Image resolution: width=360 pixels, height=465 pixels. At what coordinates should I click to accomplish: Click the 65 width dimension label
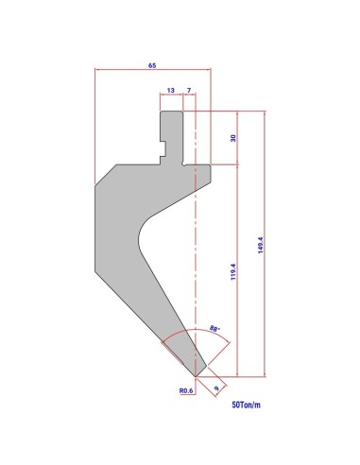(152, 65)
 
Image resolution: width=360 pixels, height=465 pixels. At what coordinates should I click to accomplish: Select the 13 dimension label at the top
(171, 91)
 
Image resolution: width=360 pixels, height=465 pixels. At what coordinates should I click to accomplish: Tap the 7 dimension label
(189, 91)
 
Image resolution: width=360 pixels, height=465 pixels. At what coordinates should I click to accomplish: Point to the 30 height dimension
(233, 138)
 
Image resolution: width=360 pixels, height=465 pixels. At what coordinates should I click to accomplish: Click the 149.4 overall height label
(261, 246)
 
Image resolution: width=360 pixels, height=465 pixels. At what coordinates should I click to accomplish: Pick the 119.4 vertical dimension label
(233, 272)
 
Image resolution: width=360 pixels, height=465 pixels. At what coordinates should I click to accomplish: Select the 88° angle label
(214, 329)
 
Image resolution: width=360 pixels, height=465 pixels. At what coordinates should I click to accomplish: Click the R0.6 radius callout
(186, 390)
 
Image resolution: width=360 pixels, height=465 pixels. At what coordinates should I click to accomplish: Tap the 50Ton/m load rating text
(247, 405)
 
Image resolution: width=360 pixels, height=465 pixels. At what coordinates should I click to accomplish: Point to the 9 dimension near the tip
(216, 388)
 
